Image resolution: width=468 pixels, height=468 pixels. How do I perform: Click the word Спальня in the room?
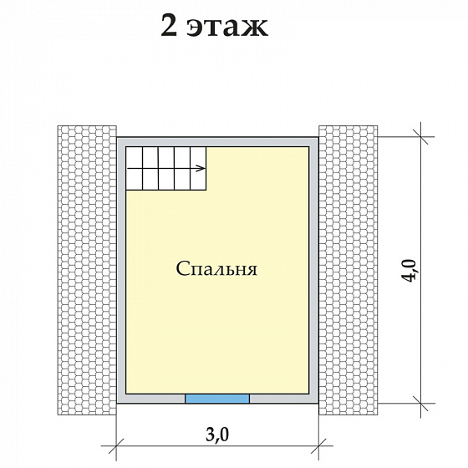[216, 270]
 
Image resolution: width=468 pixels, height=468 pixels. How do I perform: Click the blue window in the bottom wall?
[216, 399]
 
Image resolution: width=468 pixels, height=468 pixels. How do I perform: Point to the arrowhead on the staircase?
[202, 169]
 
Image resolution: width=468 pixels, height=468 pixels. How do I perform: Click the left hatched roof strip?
[86, 269]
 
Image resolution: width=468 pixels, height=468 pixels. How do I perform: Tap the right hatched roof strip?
[348, 269]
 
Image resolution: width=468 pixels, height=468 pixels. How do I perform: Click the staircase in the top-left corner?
[166, 168]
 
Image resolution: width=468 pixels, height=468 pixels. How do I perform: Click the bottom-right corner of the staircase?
[208, 189]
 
